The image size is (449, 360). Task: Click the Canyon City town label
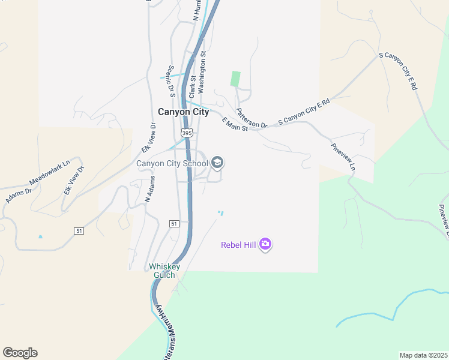click(183, 112)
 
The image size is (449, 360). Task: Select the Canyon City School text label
click(172, 163)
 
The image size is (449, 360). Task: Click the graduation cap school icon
click(217, 163)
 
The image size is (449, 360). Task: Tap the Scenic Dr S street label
click(170, 81)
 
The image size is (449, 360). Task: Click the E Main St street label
click(235, 125)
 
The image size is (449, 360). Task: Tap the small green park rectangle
click(235, 79)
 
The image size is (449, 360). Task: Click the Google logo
click(20, 353)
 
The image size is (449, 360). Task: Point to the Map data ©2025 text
click(423, 355)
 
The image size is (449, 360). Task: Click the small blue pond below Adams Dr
click(40, 236)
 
